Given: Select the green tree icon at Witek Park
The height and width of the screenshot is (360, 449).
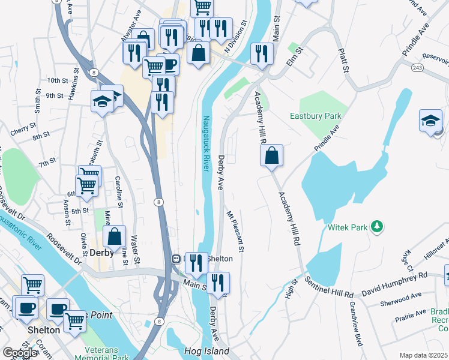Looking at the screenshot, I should pos(376,227).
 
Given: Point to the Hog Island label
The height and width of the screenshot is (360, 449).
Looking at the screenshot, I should pos(207,351).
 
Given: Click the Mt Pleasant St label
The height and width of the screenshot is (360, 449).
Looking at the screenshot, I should pos(235,231).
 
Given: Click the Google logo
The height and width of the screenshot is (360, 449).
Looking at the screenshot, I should pos(19,353).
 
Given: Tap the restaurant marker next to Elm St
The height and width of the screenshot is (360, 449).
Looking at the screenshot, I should pos(261,53).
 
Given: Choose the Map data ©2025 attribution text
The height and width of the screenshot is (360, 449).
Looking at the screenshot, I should pos(423,355).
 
